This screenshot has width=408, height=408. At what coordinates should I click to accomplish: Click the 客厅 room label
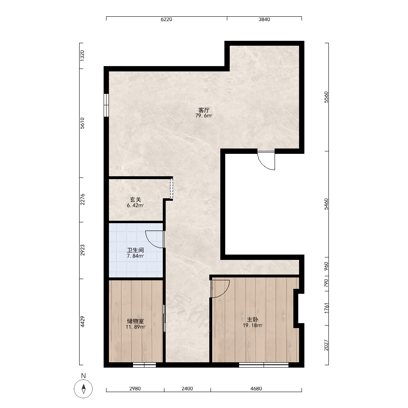click(x=204, y=110)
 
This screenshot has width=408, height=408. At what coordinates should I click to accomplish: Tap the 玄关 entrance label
click(x=135, y=200)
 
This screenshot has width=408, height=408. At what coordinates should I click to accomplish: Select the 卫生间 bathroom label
click(x=135, y=251)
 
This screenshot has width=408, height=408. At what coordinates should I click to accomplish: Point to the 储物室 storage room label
click(x=135, y=321)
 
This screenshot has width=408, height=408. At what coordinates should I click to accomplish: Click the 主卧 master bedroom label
click(x=253, y=319)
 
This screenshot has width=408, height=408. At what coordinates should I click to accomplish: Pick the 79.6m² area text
click(x=204, y=116)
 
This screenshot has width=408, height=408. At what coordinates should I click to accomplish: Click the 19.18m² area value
click(x=253, y=325)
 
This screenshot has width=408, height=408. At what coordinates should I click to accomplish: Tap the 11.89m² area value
click(x=135, y=327)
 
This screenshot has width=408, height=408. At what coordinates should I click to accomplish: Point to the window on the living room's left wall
click(x=106, y=105)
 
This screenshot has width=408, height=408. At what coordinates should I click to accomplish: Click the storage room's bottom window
click(x=144, y=365)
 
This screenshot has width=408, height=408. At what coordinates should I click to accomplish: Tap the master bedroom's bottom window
click(x=264, y=365)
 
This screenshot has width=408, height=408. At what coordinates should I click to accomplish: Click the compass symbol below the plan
click(x=83, y=389)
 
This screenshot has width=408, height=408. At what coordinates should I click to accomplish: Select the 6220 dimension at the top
click(x=166, y=20)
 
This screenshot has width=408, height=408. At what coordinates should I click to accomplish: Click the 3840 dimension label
click(x=264, y=20)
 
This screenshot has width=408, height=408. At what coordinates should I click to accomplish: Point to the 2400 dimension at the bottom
click(x=187, y=389)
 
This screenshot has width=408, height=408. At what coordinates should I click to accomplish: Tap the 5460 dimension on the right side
click(x=326, y=204)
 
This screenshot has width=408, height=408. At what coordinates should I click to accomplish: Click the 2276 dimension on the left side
click(x=82, y=200)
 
